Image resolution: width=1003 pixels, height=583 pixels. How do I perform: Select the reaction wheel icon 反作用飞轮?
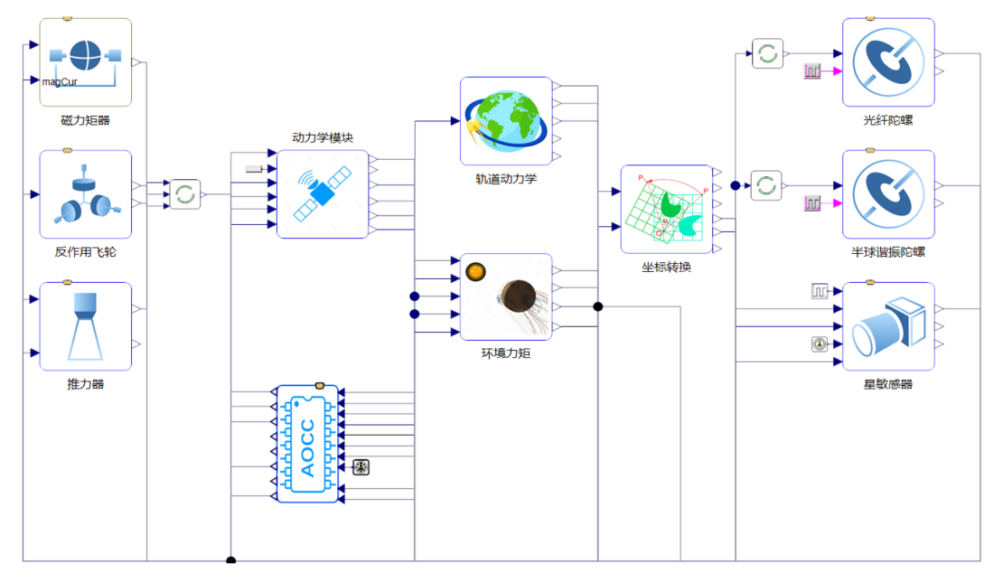tap(86, 194)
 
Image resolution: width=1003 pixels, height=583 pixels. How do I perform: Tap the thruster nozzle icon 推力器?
tap(86, 325)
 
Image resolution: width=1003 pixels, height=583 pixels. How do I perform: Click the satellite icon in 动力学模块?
tap(323, 193)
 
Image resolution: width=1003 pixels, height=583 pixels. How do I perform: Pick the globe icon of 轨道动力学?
tap(505, 121)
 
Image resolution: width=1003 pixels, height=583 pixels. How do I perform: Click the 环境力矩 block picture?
tap(506, 296)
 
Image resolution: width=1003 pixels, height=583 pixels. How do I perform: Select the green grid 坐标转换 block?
tap(666, 209)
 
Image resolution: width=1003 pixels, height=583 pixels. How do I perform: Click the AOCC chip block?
tap(307, 444)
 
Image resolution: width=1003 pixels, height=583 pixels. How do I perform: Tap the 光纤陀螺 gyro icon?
tap(887, 61)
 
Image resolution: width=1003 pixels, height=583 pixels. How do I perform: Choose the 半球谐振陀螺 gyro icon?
tap(887, 193)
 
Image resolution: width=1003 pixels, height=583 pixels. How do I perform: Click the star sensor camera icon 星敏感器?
tap(887, 325)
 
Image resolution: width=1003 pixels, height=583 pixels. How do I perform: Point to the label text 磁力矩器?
tap(86, 120)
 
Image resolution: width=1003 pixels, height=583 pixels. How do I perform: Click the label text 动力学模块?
tap(323, 137)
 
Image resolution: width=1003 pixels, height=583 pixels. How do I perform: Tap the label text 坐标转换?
tap(666, 268)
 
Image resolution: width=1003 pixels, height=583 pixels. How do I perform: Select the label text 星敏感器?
tap(887, 384)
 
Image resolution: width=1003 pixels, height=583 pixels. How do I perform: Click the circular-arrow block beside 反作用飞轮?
tap(185, 193)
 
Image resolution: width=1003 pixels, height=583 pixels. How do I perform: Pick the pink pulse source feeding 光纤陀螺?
tap(812, 71)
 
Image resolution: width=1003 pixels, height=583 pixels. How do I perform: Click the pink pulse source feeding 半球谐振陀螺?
tap(812, 203)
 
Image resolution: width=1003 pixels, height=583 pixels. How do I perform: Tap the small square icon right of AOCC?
tap(361, 467)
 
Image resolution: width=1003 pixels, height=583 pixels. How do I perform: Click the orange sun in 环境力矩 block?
tap(474, 270)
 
